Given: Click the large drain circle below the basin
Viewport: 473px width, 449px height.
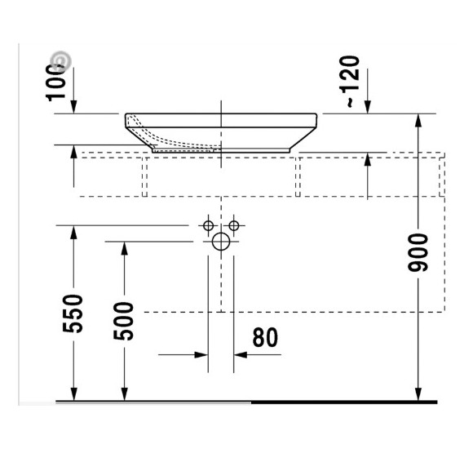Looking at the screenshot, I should click(x=221, y=242).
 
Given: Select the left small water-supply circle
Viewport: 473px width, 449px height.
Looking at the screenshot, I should click(x=208, y=224).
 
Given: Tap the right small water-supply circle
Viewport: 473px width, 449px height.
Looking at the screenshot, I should click(x=234, y=224).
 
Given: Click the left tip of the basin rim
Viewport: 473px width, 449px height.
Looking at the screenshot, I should click(x=126, y=117).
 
